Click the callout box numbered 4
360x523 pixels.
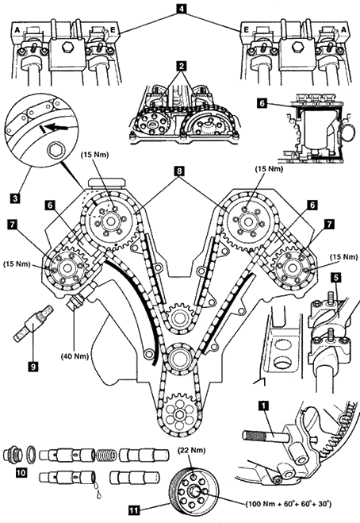[180, 10]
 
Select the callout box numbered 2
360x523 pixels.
[181, 66]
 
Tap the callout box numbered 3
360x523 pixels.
[15, 198]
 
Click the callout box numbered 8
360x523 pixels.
[179, 171]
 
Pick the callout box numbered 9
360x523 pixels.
[33, 366]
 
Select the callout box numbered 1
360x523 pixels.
[264, 406]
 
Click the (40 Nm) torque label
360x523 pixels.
[75, 356]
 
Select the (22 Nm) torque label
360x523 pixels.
[190, 451]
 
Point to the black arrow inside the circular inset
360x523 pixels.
[56, 127]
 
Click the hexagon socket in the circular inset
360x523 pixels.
[54, 151]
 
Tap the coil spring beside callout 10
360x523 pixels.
[106, 454]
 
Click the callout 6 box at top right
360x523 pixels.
[262, 103]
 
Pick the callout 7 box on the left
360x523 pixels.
[13, 225]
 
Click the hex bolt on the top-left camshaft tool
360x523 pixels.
[67, 48]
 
